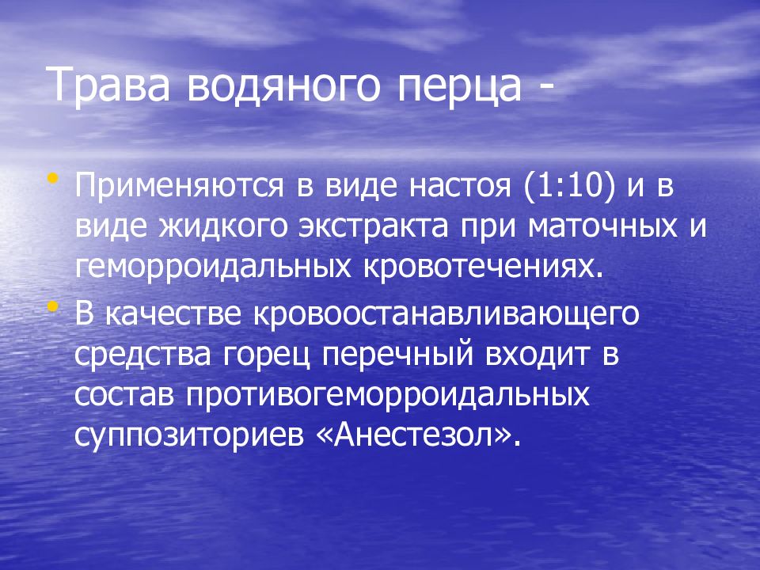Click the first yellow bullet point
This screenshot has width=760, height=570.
tap(52, 180)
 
